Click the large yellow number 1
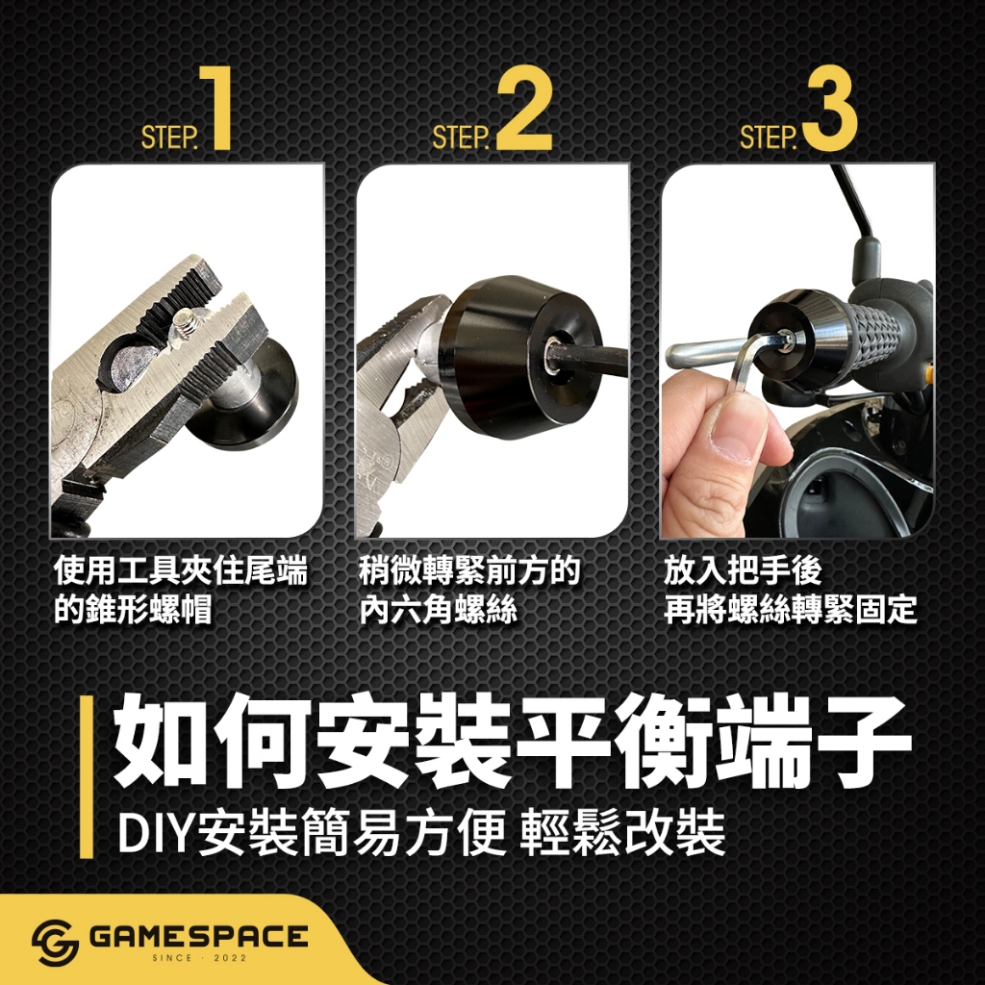[x=215, y=108]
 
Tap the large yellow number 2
[x=525, y=108]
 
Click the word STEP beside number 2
[x=461, y=138]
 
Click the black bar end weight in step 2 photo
[x=494, y=358]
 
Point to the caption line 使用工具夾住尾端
[x=180, y=571]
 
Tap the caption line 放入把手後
[x=744, y=571]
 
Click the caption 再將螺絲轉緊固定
[x=791, y=609]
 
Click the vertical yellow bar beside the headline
[x=86, y=776]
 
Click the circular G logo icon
[x=55, y=943]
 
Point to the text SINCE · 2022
[x=200, y=958]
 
